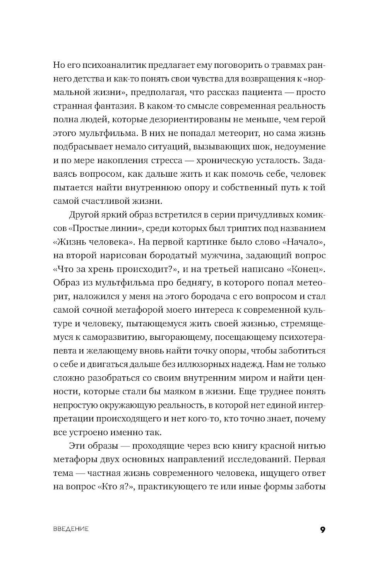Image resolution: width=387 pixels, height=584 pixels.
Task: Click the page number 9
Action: point(322,530)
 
